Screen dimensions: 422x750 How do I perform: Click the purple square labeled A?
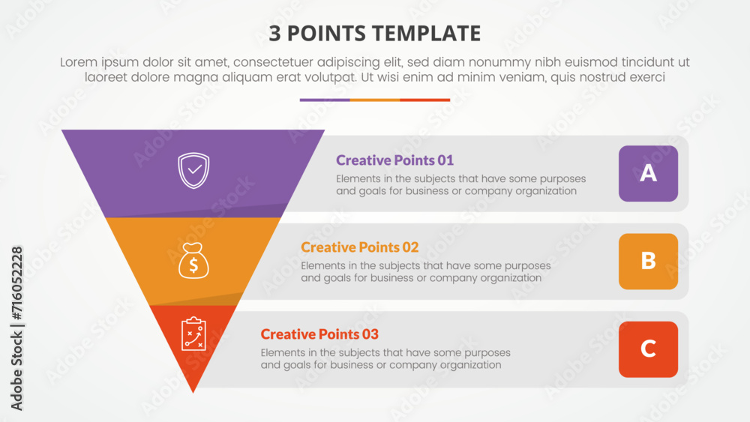click(648, 173)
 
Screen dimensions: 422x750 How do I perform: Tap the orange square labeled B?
click(648, 261)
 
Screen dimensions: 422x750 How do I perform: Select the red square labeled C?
click(648, 349)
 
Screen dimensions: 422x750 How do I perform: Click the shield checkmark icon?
click(193, 170)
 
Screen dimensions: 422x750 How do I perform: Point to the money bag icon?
click(193, 259)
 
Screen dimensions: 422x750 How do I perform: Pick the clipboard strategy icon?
click(193, 334)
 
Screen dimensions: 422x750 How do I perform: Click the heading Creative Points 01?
click(394, 160)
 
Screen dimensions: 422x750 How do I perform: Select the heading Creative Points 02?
click(359, 247)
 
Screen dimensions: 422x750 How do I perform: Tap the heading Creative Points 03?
click(319, 334)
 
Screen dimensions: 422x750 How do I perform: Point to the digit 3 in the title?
click(274, 34)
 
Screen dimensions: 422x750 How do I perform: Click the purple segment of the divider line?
click(325, 100)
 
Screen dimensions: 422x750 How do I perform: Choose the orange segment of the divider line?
click(375, 100)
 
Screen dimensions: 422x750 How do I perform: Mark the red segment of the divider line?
click(424, 100)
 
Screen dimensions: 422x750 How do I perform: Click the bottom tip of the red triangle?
click(193, 391)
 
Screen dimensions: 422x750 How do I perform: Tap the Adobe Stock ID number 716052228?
click(17, 284)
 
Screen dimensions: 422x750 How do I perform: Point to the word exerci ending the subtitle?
click(646, 77)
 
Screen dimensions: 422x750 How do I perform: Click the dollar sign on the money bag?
click(193, 264)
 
